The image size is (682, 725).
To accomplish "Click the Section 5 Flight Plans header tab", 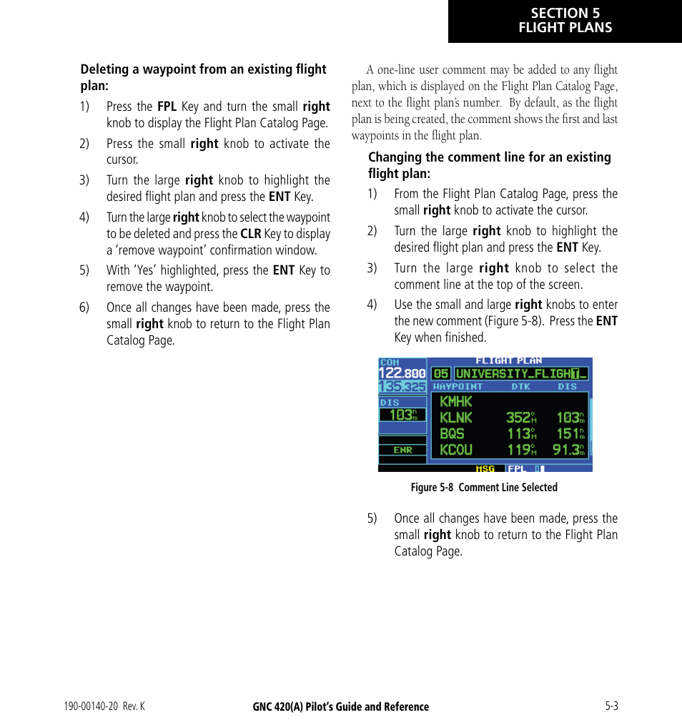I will (x=565, y=21).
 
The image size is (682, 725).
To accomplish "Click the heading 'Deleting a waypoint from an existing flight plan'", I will (x=203, y=77).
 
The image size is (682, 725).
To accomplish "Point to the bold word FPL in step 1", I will (x=167, y=107).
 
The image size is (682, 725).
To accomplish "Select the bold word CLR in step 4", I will (x=250, y=234).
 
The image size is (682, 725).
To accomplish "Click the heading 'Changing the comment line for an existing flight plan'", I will (x=489, y=165).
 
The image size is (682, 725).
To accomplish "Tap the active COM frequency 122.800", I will (x=402, y=373).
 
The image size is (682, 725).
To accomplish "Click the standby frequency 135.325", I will (x=402, y=386).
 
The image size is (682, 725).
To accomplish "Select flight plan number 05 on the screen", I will (x=441, y=373).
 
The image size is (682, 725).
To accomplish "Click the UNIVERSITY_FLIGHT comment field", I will (x=521, y=373).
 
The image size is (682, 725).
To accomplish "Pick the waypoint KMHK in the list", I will (x=456, y=402).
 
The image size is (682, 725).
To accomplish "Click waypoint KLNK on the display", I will (x=456, y=418).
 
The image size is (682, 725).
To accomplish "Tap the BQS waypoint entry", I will (x=452, y=433).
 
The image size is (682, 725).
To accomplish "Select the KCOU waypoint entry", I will (x=456, y=450).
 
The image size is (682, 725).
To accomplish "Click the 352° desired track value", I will (x=521, y=418).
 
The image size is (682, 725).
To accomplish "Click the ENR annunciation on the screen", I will (x=402, y=450).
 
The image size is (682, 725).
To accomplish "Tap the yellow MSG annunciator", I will (x=486, y=469).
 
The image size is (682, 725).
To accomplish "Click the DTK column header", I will (x=520, y=387).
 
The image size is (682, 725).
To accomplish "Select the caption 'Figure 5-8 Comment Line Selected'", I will (x=483, y=488).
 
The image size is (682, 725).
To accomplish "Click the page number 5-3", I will (x=611, y=706).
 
